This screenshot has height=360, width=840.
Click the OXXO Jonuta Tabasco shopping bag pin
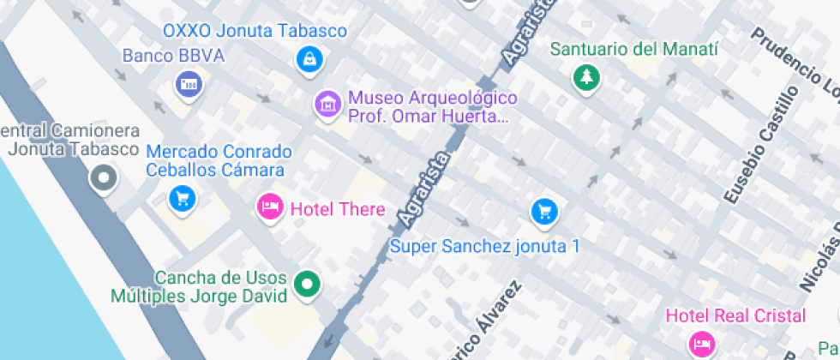coord(309,59)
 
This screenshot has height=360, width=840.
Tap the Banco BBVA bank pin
coord(188,83)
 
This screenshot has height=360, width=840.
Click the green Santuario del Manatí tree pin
coord(586,77)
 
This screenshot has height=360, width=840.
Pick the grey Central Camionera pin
coord(104,178)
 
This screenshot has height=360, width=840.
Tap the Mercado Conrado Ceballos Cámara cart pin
coord(183,199)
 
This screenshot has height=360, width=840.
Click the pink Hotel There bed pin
coord(271,207)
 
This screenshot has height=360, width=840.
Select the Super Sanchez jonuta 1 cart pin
coord(544,211)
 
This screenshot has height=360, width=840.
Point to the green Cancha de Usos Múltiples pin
coord(307,285)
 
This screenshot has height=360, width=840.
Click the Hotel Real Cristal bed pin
coord(703,343)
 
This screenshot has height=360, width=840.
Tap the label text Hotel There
coord(338,209)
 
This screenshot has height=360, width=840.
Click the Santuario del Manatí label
coord(633,49)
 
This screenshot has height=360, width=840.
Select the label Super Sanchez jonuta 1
coord(485,247)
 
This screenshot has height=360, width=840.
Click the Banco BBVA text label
coord(173,56)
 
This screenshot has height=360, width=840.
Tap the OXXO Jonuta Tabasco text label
coord(255,32)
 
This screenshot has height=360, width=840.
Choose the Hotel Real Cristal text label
coord(736,315)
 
